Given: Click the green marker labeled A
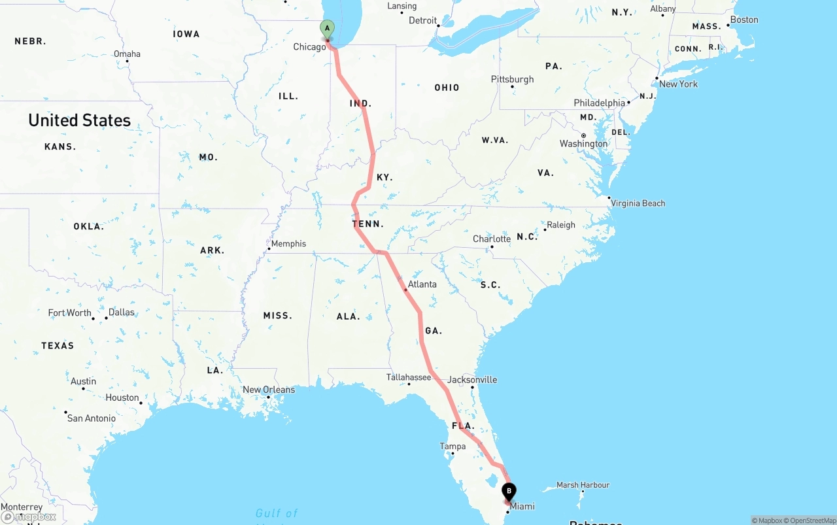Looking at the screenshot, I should point(327,29).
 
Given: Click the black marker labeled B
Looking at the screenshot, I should point(509,492).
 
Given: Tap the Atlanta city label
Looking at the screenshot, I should point(422,284).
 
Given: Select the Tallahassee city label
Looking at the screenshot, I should point(409,377).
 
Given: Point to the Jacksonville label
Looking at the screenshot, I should point(472,379).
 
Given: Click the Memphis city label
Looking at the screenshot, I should point(288,244).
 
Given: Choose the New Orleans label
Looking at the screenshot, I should point(269,390).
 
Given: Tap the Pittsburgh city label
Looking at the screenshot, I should point(513,80).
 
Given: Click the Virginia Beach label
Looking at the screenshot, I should point(638,203).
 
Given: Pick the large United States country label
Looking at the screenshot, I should point(79,120).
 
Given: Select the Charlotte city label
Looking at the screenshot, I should point(492,239).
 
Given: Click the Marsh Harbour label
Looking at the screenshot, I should point(583,485).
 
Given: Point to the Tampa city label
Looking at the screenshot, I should point(453,447).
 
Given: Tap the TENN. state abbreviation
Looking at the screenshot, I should point(368,224).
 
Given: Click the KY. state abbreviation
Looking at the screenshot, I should point(384,177).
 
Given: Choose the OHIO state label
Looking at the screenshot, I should point(447,88).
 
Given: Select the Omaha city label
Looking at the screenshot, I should point(127,54).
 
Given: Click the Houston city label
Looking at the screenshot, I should point(122,398).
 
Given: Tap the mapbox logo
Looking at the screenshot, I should point(29,517).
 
